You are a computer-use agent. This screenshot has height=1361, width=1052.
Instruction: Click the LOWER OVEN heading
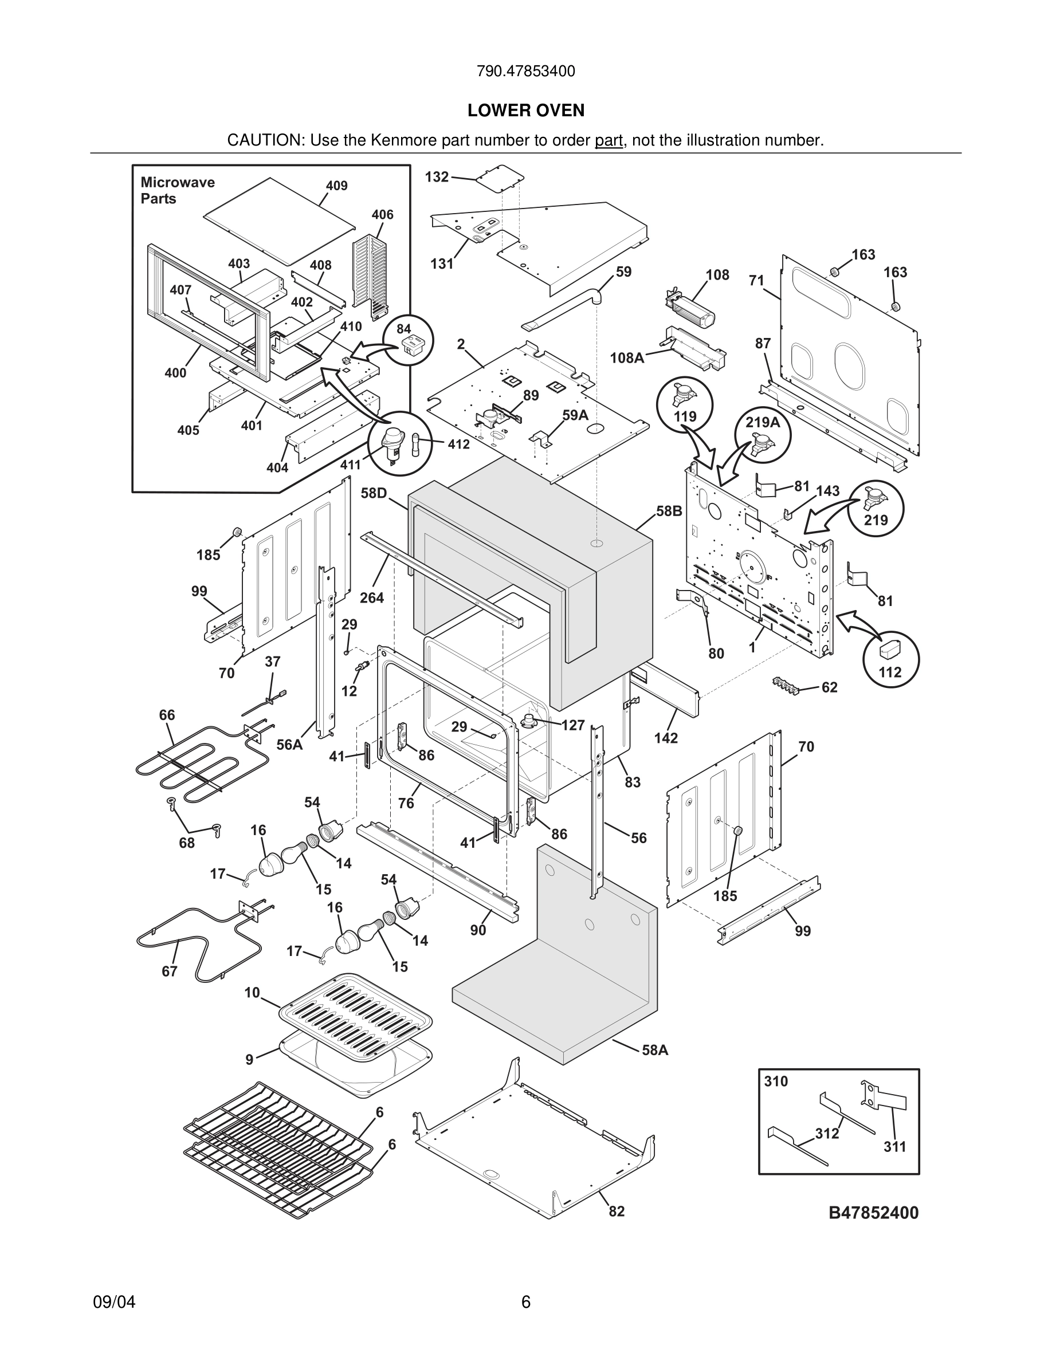tap(525, 111)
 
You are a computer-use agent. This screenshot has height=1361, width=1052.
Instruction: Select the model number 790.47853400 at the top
tap(525, 71)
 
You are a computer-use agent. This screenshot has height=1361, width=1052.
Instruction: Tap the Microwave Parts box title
tap(177, 190)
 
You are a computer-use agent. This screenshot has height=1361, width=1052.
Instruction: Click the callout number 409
tap(336, 186)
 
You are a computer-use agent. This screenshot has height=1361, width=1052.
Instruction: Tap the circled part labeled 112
tap(890, 659)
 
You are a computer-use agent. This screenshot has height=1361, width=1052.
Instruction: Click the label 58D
tap(374, 493)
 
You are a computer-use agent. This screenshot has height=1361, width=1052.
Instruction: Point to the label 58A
tap(654, 1050)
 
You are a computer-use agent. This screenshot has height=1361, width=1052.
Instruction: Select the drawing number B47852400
tap(873, 1213)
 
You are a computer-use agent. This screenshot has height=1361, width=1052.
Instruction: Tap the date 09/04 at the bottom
tap(114, 1302)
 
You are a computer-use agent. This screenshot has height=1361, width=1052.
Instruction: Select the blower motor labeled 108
tap(689, 309)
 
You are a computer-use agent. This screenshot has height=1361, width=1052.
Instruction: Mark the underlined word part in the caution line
tap(609, 140)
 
